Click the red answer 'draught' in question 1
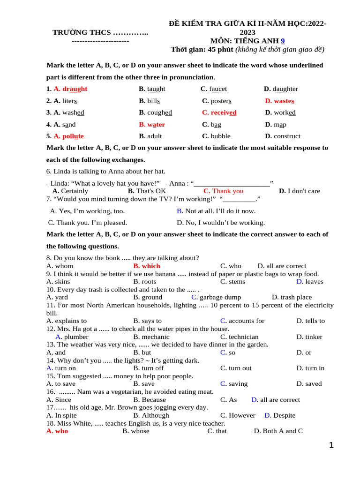(70, 89)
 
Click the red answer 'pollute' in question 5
(69, 136)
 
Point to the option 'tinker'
(309, 337)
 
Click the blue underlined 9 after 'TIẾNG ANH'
(283, 41)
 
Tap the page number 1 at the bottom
(331, 446)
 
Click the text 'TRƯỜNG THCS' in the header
(82, 32)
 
